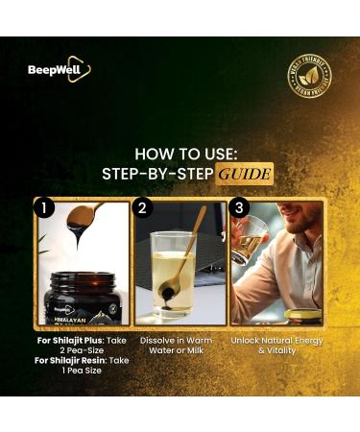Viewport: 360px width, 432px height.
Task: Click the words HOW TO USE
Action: coord(180,154)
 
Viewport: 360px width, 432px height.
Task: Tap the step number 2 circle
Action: coord(142,207)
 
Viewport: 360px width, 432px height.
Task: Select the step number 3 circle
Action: coord(238,207)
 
